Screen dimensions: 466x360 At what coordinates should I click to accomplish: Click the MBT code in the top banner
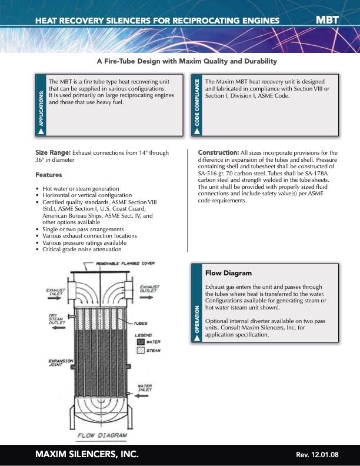pyautogui.click(x=328, y=20)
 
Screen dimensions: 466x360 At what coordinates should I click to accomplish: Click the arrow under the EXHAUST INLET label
pyautogui.click(x=57, y=301)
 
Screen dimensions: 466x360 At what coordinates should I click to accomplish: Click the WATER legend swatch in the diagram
pyautogui.click(x=141, y=342)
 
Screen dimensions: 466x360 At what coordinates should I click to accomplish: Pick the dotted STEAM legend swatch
pyautogui.click(x=141, y=350)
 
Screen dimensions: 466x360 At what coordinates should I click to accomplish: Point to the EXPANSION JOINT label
pyautogui.click(x=61, y=363)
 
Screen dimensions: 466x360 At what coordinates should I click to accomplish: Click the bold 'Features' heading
pyautogui.click(x=48, y=175)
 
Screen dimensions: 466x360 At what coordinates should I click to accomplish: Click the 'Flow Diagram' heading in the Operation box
pyautogui.click(x=228, y=273)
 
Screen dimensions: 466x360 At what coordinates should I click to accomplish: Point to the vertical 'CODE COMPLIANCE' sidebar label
pyautogui.click(x=197, y=104)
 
